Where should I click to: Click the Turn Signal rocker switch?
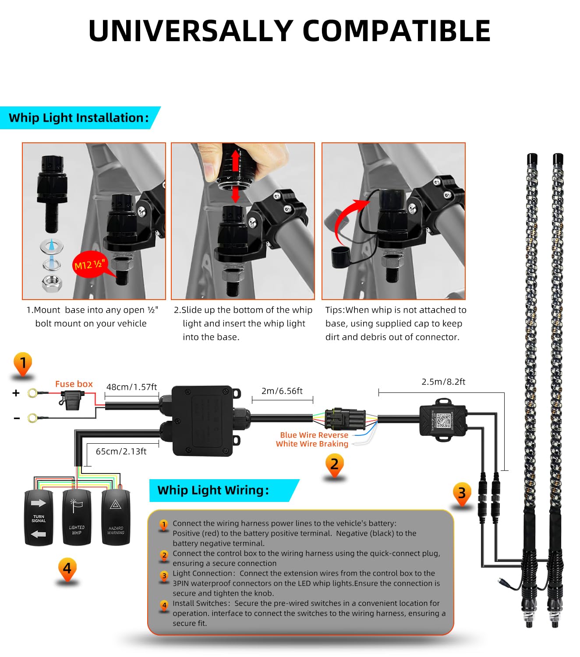click(39, 518)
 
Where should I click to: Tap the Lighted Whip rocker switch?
click(77, 518)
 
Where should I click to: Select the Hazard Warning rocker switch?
click(116, 518)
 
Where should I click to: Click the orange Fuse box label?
click(74, 384)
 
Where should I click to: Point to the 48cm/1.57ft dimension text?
click(131, 387)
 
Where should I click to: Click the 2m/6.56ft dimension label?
click(282, 391)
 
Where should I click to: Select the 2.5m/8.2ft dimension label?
click(443, 382)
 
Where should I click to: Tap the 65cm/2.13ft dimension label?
click(121, 452)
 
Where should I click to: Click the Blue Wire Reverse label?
click(314, 435)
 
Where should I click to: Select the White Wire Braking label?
click(312, 444)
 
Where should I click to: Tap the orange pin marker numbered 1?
click(23, 364)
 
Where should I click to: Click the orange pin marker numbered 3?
click(462, 493)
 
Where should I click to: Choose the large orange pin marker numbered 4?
click(67, 569)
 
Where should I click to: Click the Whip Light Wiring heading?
click(213, 490)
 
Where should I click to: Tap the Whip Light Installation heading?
click(78, 118)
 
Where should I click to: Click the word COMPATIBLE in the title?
click(396, 31)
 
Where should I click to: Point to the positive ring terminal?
click(32, 393)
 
